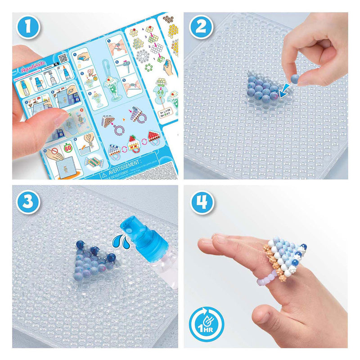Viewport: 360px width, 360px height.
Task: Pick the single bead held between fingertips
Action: (x=295, y=79)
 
